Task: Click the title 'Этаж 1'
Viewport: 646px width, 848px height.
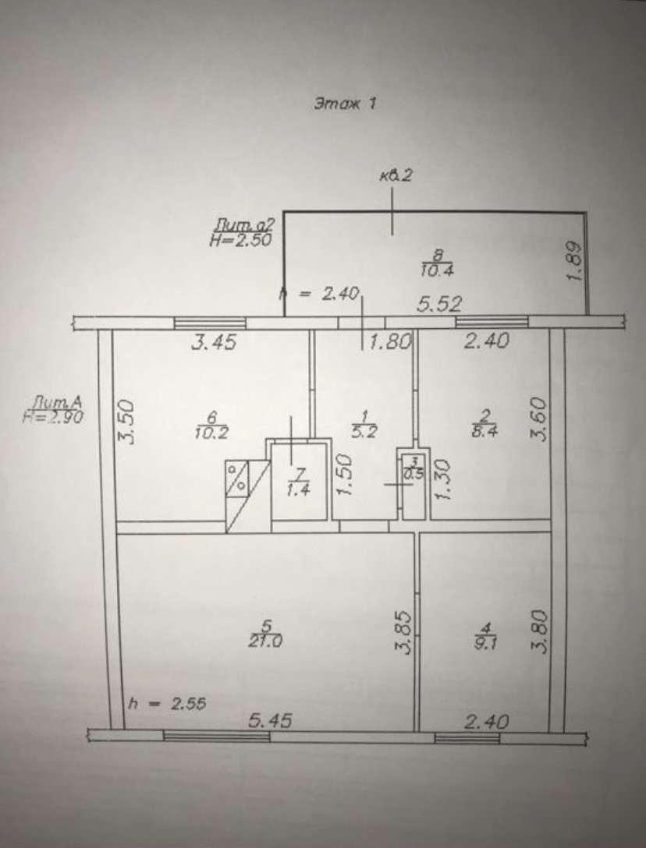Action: (345, 103)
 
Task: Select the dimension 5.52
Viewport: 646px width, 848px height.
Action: (438, 306)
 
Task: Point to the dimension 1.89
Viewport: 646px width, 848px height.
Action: (576, 263)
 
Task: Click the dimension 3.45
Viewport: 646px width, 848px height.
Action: (214, 341)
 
